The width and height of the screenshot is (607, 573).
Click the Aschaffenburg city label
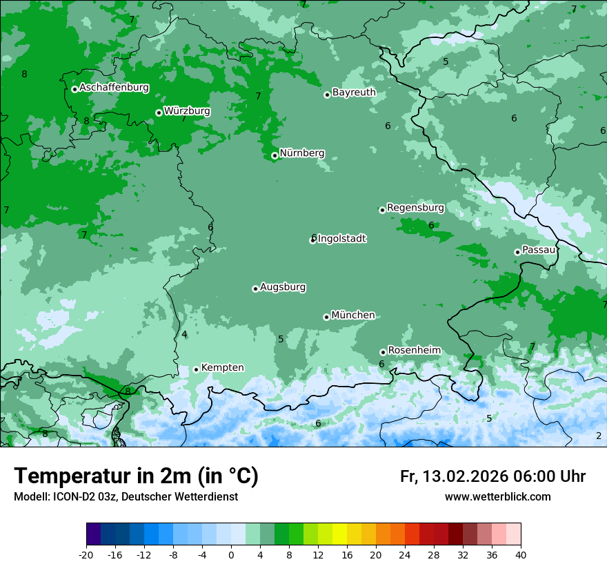(x=114, y=88)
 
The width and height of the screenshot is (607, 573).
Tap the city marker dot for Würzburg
(x=159, y=113)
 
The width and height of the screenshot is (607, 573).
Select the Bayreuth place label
(x=354, y=93)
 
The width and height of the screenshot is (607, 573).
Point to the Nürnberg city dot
(x=275, y=155)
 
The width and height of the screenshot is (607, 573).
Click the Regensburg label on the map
(x=415, y=208)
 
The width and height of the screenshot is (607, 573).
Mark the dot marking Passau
(x=517, y=252)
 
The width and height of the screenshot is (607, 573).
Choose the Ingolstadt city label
(x=341, y=239)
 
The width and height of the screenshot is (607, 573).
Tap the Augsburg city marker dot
(x=255, y=289)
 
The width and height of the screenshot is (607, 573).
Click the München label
(x=353, y=315)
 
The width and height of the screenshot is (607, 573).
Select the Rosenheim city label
(x=414, y=351)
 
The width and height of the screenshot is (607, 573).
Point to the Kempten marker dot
(x=196, y=369)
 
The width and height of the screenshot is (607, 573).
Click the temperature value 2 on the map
(x=599, y=436)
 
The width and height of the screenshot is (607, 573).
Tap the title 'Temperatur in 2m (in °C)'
(x=136, y=476)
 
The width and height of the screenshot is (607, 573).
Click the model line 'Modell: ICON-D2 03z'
(x=126, y=497)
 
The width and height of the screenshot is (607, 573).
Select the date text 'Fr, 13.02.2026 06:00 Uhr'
(x=492, y=476)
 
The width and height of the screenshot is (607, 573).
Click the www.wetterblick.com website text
(x=497, y=497)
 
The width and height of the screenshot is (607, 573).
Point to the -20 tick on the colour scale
(x=86, y=555)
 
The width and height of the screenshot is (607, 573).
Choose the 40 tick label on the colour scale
(x=521, y=555)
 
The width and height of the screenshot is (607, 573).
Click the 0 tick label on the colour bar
(x=231, y=555)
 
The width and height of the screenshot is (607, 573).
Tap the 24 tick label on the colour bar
(x=405, y=555)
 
